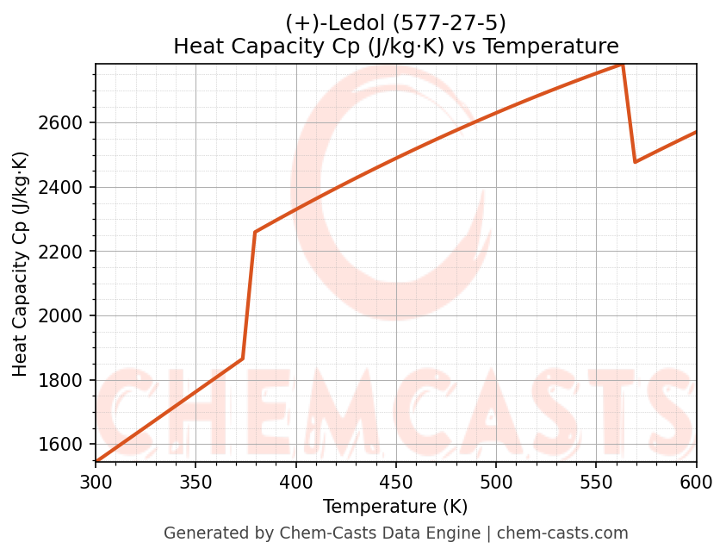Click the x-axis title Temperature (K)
[x=395, y=507]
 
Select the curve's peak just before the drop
[x=622, y=65]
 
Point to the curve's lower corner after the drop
[x=636, y=161]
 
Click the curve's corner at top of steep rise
[x=255, y=232]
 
